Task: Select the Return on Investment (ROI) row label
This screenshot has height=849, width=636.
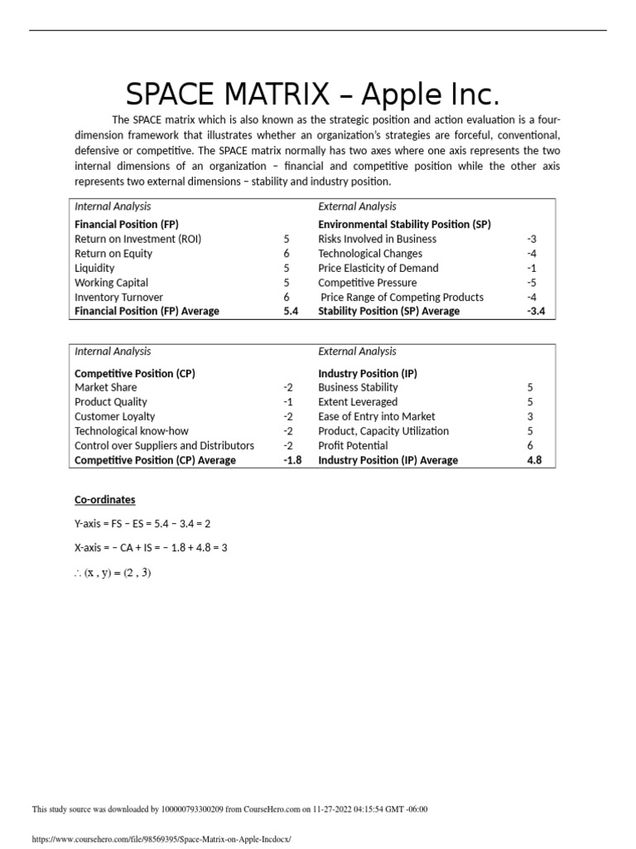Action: click(x=137, y=239)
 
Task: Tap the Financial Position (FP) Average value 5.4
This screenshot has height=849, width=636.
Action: click(x=290, y=312)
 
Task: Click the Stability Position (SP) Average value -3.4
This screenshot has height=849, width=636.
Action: click(x=536, y=312)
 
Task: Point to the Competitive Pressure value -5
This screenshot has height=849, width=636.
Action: click(x=532, y=283)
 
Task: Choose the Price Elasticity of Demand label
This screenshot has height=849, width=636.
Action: click(x=378, y=268)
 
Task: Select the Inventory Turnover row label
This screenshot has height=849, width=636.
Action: click(x=118, y=297)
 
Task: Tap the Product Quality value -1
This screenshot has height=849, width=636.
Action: click(x=288, y=402)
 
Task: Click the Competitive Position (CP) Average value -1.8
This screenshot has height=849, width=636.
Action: click(x=291, y=460)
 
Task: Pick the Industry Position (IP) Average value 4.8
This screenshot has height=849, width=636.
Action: click(x=534, y=460)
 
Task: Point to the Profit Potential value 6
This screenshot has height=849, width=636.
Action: click(x=530, y=445)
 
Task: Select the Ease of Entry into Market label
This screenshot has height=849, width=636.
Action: click(x=376, y=416)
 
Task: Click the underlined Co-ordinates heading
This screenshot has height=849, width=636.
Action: click(x=105, y=500)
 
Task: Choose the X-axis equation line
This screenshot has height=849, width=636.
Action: click(x=151, y=548)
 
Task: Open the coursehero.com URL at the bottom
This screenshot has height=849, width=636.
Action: click(x=161, y=839)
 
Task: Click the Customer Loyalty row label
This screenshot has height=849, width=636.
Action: click(x=114, y=416)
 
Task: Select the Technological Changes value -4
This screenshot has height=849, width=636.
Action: click(x=532, y=254)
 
